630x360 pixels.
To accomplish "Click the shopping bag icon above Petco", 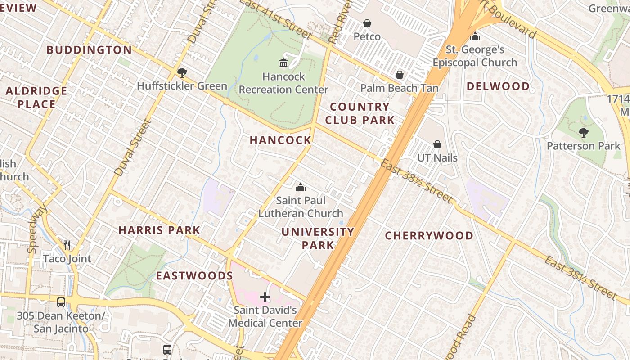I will point(367,23).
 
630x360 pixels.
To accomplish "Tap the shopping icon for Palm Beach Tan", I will point(399,75).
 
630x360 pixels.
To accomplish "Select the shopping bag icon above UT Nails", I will point(437,144).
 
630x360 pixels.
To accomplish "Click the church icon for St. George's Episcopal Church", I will point(475,36).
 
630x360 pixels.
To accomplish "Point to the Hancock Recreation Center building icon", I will point(283,63).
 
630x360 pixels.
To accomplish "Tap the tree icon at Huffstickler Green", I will point(182,72).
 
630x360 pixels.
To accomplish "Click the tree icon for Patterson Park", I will point(583,133).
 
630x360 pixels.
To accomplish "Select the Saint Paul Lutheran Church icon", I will point(300,187).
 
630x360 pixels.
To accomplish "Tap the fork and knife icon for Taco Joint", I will point(67,245).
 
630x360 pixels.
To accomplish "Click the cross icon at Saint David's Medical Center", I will point(265,297).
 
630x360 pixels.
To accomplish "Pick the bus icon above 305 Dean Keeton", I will point(61,302).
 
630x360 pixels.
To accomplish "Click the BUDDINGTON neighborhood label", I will point(89,50).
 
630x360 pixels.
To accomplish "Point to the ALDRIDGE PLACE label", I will point(36,98).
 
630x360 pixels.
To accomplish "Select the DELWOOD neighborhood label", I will point(498,86).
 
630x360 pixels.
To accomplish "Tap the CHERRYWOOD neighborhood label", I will point(429,236).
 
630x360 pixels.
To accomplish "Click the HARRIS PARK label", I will point(159,230).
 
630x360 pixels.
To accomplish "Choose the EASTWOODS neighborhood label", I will point(194,276).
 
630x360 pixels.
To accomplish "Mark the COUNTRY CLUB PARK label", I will point(360,113).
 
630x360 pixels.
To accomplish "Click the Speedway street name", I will point(37,228).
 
